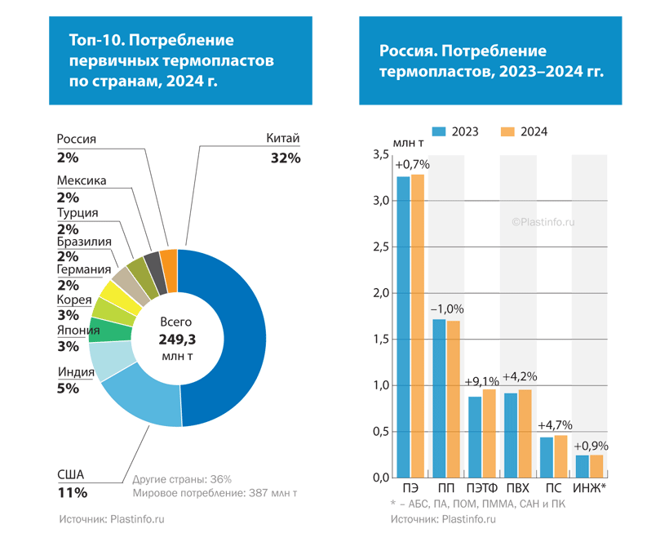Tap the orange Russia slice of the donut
pyautogui.click(x=169, y=260)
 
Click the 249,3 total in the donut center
pyautogui.click(x=178, y=339)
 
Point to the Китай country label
pyautogui.click(x=284, y=139)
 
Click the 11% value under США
pyautogui.click(x=73, y=492)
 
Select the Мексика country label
pyautogui.click(x=82, y=180)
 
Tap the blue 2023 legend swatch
pyautogui.click(x=438, y=131)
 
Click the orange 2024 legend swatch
pyautogui.click(x=507, y=131)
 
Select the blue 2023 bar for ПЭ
pyautogui.click(x=403, y=327)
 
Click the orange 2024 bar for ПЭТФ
pyautogui.click(x=490, y=433)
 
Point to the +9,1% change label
pyautogui.click(x=482, y=381)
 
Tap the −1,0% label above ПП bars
pyautogui.click(x=447, y=309)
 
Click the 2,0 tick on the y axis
pyautogui.click(x=380, y=293)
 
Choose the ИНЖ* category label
pyautogui.click(x=589, y=488)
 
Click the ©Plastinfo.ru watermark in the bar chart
pyautogui.click(x=544, y=220)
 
